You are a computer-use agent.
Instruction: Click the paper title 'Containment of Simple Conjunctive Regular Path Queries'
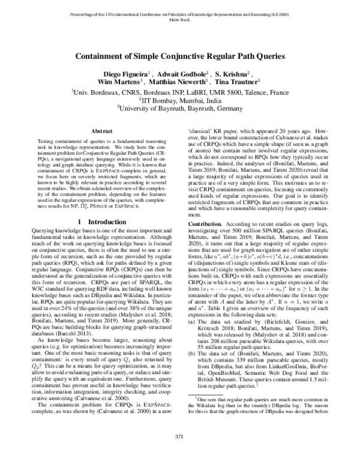pos(180,58)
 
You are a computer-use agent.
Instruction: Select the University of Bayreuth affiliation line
pos(180,109)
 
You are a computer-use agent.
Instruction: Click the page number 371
pos(180,452)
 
